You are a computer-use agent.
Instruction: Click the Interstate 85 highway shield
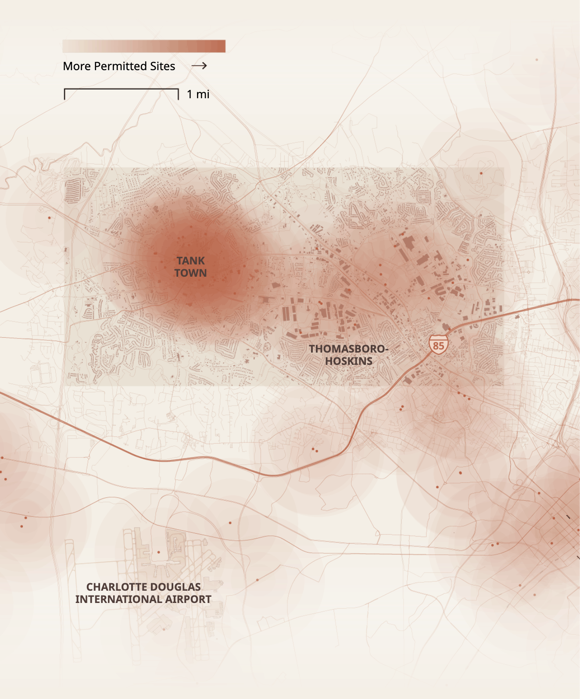[x=438, y=345]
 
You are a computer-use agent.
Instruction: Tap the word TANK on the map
[x=191, y=261]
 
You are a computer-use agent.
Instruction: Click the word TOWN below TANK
[x=190, y=273]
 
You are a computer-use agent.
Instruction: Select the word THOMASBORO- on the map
[x=348, y=349]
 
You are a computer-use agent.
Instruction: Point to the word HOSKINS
[x=349, y=361]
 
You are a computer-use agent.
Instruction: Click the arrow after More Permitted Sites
[x=199, y=66]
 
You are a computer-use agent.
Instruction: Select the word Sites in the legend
[x=162, y=66]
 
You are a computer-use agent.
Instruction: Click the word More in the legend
[x=76, y=66]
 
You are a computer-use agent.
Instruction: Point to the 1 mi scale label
[x=198, y=94]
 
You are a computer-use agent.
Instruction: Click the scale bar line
[x=121, y=89]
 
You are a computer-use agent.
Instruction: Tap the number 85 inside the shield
[x=438, y=346]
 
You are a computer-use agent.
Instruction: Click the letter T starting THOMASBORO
[x=312, y=349]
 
